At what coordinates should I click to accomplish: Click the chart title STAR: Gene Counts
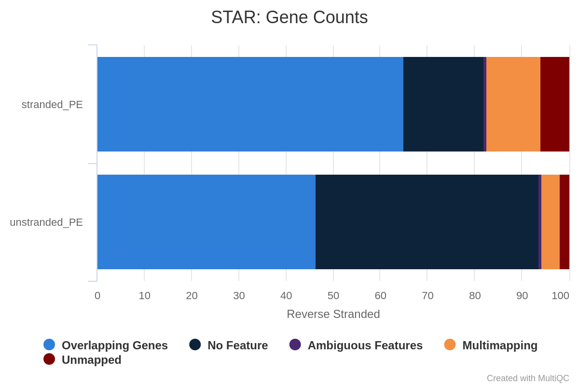289,17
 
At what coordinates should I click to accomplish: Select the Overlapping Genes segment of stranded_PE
250,104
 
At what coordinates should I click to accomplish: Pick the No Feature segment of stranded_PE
443,104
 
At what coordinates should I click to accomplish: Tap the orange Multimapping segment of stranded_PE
513,104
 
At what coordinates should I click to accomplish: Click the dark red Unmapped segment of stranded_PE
555,104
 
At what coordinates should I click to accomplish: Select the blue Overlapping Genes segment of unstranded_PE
207,222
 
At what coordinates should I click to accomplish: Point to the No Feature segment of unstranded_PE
427,222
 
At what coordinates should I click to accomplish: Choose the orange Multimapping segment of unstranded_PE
551,222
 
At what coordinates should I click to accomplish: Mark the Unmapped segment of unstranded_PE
565,222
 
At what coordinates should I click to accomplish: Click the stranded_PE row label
52,105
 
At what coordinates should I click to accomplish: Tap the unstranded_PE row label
46,222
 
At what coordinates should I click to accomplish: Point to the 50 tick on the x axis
333,296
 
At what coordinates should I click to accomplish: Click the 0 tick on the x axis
97,296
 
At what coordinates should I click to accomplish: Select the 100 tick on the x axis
560,296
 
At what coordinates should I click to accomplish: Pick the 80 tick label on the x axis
475,296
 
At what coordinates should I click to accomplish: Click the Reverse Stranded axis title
333,315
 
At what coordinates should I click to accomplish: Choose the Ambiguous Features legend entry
356,345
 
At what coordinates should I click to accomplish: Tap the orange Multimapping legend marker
450,345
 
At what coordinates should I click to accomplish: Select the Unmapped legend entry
83,359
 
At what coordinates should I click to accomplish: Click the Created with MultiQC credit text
528,378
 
